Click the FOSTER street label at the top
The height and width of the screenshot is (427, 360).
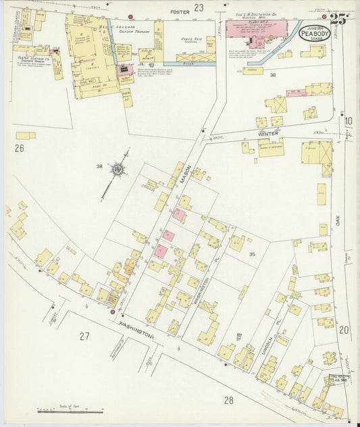tap(180, 11)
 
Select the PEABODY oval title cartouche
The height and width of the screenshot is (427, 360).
tap(314, 32)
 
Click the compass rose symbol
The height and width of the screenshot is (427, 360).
tap(119, 170)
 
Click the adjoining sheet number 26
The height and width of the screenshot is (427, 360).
tap(19, 147)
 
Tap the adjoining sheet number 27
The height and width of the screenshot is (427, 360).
tap(84, 336)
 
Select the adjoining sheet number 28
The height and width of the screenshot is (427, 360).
tap(229, 400)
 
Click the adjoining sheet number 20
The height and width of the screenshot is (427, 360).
tap(344, 330)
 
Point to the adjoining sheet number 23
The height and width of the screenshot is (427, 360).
tap(199, 7)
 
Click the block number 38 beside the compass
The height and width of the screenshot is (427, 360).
tap(99, 166)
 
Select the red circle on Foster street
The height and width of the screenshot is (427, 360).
tap(130, 17)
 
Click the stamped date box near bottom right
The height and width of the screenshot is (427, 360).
tap(338, 380)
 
